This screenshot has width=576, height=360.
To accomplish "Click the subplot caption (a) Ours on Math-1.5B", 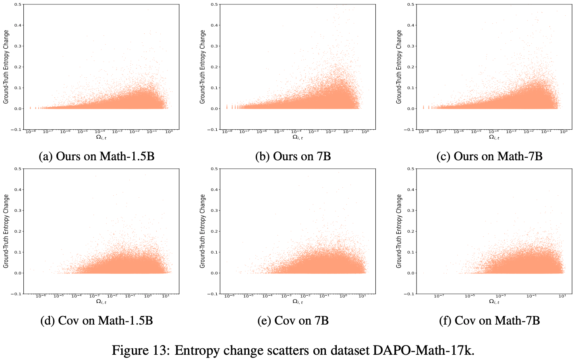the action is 97,156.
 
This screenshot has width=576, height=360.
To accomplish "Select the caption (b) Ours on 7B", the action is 293,156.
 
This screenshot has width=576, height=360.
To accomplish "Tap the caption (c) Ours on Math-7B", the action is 489,156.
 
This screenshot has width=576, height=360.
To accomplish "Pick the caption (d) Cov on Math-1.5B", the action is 97,321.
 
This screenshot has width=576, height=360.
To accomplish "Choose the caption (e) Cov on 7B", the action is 293,321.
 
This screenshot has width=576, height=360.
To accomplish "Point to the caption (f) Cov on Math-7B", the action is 489,321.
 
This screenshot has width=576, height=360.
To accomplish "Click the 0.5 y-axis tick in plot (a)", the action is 18,4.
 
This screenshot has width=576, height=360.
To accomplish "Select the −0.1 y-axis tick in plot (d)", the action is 16,294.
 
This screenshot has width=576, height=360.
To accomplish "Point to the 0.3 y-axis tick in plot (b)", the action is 214,46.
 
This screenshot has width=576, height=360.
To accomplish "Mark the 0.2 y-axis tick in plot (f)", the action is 411,231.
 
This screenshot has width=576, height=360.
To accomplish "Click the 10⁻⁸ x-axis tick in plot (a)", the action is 31,132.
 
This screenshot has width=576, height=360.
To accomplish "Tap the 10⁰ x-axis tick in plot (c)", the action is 564,132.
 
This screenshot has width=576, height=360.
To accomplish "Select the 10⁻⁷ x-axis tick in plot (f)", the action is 439,296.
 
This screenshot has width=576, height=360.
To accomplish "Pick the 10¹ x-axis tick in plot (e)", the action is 362,296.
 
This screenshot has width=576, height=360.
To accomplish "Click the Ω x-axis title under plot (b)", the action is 298,137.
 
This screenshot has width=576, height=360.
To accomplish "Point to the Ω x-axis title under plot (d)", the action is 101,302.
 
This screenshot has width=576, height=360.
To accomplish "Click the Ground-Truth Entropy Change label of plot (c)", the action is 399,67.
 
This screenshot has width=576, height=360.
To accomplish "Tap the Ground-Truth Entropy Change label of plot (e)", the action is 202,231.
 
